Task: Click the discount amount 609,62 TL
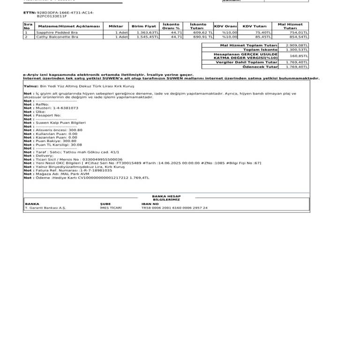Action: [x=203, y=32]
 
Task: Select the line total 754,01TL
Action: [x=298, y=32]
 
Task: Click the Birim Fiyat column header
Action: [x=144, y=26]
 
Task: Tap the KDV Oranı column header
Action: [x=225, y=26]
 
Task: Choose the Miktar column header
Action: [x=116, y=26]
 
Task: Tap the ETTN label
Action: [x=29, y=13]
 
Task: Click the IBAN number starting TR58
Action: [x=174, y=208]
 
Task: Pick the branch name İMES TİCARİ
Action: [x=111, y=208]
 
